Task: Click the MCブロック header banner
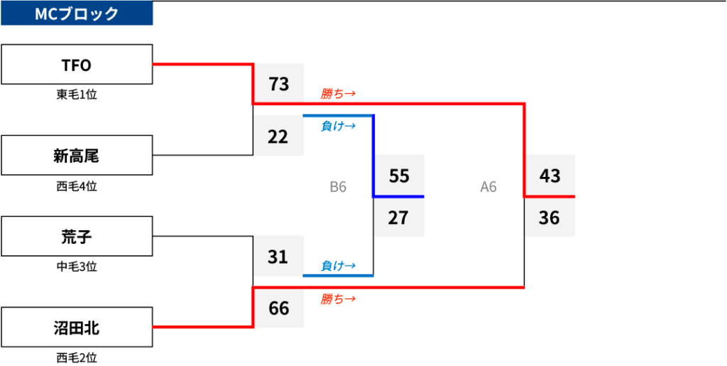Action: pos(77,13)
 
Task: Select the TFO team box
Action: pos(77,65)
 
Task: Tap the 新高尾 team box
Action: pos(77,156)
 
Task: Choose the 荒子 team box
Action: pos(77,236)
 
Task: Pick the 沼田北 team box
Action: pos(77,327)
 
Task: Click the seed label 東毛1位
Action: pos(77,95)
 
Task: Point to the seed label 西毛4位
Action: pos(77,186)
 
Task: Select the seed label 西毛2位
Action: pos(77,357)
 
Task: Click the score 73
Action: pos(278,84)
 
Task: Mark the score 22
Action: pos(278,136)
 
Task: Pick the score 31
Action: pos(278,257)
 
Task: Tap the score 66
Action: pos(278,308)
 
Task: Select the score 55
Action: pos(399,176)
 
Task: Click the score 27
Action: pos(399,217)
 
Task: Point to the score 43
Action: pos(550,176)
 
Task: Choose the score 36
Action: pos(550,217)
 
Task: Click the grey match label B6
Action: pos(338,187)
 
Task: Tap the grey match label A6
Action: pos(488,187)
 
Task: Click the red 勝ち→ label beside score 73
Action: pos(338,95)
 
